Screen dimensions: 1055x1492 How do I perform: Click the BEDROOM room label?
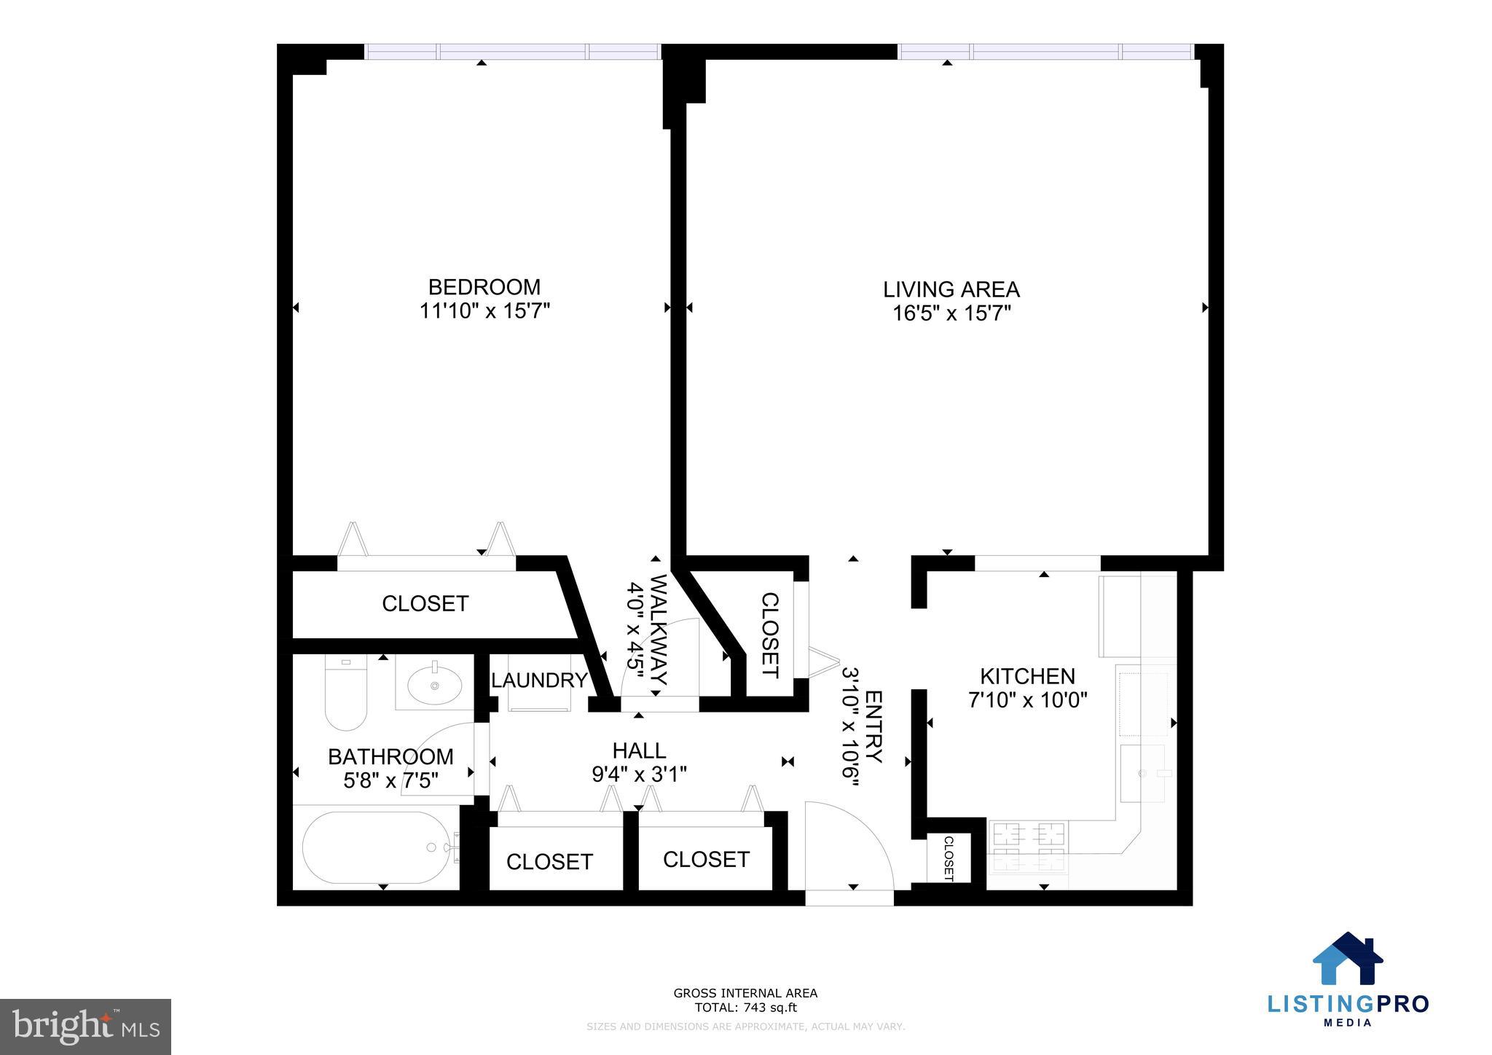point(484,286)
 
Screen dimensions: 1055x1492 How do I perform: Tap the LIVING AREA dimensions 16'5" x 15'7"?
point(951,314)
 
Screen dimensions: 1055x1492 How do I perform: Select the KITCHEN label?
point(1027,676)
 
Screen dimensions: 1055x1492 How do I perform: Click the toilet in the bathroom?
point(345,692)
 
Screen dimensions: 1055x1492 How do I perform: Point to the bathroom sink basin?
point(434,684)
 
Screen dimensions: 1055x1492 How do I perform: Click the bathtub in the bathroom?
point(376,847)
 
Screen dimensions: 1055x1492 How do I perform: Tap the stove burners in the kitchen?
point(1027,846)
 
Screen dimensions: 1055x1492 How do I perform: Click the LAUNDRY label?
point(539,681)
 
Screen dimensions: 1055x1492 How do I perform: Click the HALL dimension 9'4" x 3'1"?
point(639,774)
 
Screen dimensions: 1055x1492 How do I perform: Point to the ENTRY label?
point(873,726)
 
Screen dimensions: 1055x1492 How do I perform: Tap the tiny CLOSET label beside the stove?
point(949,858)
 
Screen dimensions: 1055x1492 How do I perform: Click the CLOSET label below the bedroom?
point(425,603)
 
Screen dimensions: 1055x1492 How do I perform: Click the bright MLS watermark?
point(86,1027)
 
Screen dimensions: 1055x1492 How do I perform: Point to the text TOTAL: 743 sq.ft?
point(745,1008)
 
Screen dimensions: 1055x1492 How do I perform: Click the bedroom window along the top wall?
point(512,52)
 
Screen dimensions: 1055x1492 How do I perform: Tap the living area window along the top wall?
point(1045,52)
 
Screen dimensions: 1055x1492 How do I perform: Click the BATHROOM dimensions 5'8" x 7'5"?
point(390,781)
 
